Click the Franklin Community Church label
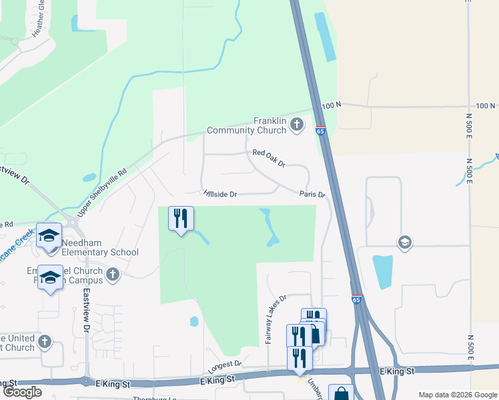coord(246,125)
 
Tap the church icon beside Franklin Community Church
coord(296,125)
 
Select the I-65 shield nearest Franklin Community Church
coord(321,131)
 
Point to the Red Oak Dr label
coord(269,158)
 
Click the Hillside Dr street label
coord(220,194)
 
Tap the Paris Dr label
coord(312,195)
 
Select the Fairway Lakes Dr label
coord(276,320)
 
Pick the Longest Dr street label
coord(224,365)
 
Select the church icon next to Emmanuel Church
coord(113,273)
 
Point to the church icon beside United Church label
coord(45,342)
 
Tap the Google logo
coord(21,392)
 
